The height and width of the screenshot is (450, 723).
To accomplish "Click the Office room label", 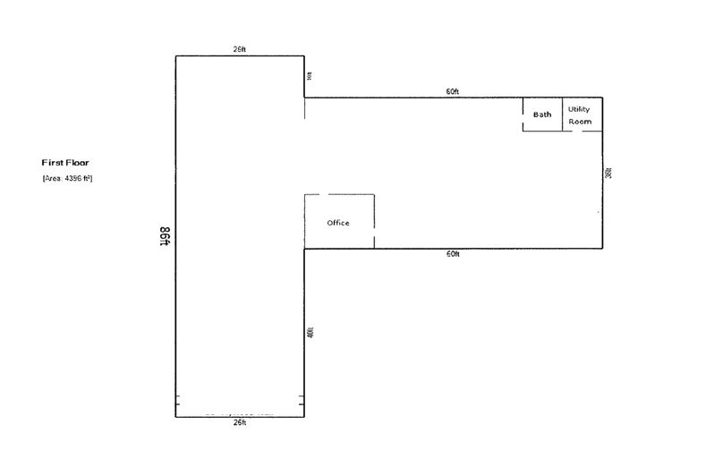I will coord(338,223).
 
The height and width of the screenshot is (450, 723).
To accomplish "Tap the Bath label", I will coord(542,115).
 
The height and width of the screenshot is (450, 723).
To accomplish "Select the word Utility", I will coord(579,109).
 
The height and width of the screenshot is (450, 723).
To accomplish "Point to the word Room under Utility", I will coord(580,121).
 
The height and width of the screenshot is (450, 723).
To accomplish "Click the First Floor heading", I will coord(65,163).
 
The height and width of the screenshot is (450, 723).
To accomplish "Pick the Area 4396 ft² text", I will coord(68,179).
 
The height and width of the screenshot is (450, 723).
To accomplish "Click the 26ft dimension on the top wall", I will coord(239,50).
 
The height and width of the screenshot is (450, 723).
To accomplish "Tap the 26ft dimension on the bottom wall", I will coord(239,422).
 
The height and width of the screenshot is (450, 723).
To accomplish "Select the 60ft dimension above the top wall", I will coord(453,91).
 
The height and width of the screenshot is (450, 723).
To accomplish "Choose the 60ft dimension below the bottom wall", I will coord(453,254).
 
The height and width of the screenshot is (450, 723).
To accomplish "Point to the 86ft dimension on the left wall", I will coord(166,236).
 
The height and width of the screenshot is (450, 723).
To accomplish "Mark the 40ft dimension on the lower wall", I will coord(310,332).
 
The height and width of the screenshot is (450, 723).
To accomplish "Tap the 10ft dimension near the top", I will coord(310,76).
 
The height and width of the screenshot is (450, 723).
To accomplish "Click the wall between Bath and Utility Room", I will coord(562,115).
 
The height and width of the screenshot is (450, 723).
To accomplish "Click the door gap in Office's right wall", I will coord(374,234).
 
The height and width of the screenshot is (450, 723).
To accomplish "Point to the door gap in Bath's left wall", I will coord(523,106).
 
